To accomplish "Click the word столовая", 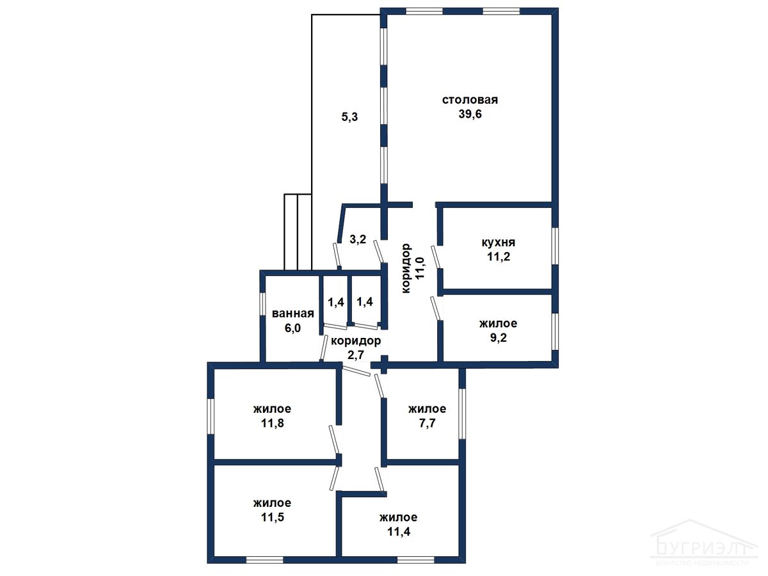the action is pyautogui.click(x=470, y=100).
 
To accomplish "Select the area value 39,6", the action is pyautogui.click(x=470, y=114).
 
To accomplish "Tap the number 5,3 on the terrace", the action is pyautogui.click(x=349, y=117).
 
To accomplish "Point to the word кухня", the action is pyautogui.click(x=498, y=243).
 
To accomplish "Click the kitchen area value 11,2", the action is pyautogui.click(x=499, y=257).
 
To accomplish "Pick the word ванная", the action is pyautogui.click(x=293, y=314).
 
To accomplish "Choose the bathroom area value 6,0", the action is pyautogui.click(x=292, y=328).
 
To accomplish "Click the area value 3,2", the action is pyautogui.click(x=358, y=239).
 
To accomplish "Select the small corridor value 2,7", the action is pyautogui.click(x=355, y=355).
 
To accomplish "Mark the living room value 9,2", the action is pyautogui.click(x=498, y=338).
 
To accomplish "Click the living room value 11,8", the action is pyautogui.click(x=272, y=423).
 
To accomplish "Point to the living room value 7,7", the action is pyautogui.click(x=427, y=423).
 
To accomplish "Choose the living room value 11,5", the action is pyautogui.click(x=272, y=517).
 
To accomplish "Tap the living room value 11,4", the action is pyautogui.click(x=398, y=532).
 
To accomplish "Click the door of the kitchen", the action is pyautogui.click(x=436, y=257).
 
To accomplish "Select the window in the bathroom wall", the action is pyautogui.click(x=263, y=303).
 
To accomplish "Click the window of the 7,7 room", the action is pyautogui.click(x=462, y=413).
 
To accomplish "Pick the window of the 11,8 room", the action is pyautogui.click(x=211, y=417).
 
